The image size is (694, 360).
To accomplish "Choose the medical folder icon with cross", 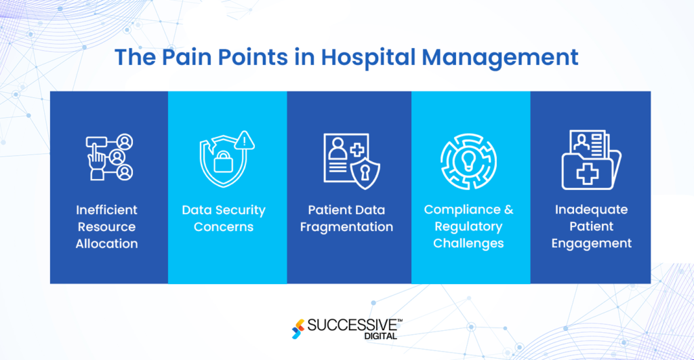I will click(x=587, y=161).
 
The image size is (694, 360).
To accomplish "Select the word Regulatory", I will click(x=468, y=226).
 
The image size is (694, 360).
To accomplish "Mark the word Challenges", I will click(x=468, y=243).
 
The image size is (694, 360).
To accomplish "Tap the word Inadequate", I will click(x=591, y=209).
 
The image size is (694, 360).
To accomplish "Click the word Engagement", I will click(x=591, y=243).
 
